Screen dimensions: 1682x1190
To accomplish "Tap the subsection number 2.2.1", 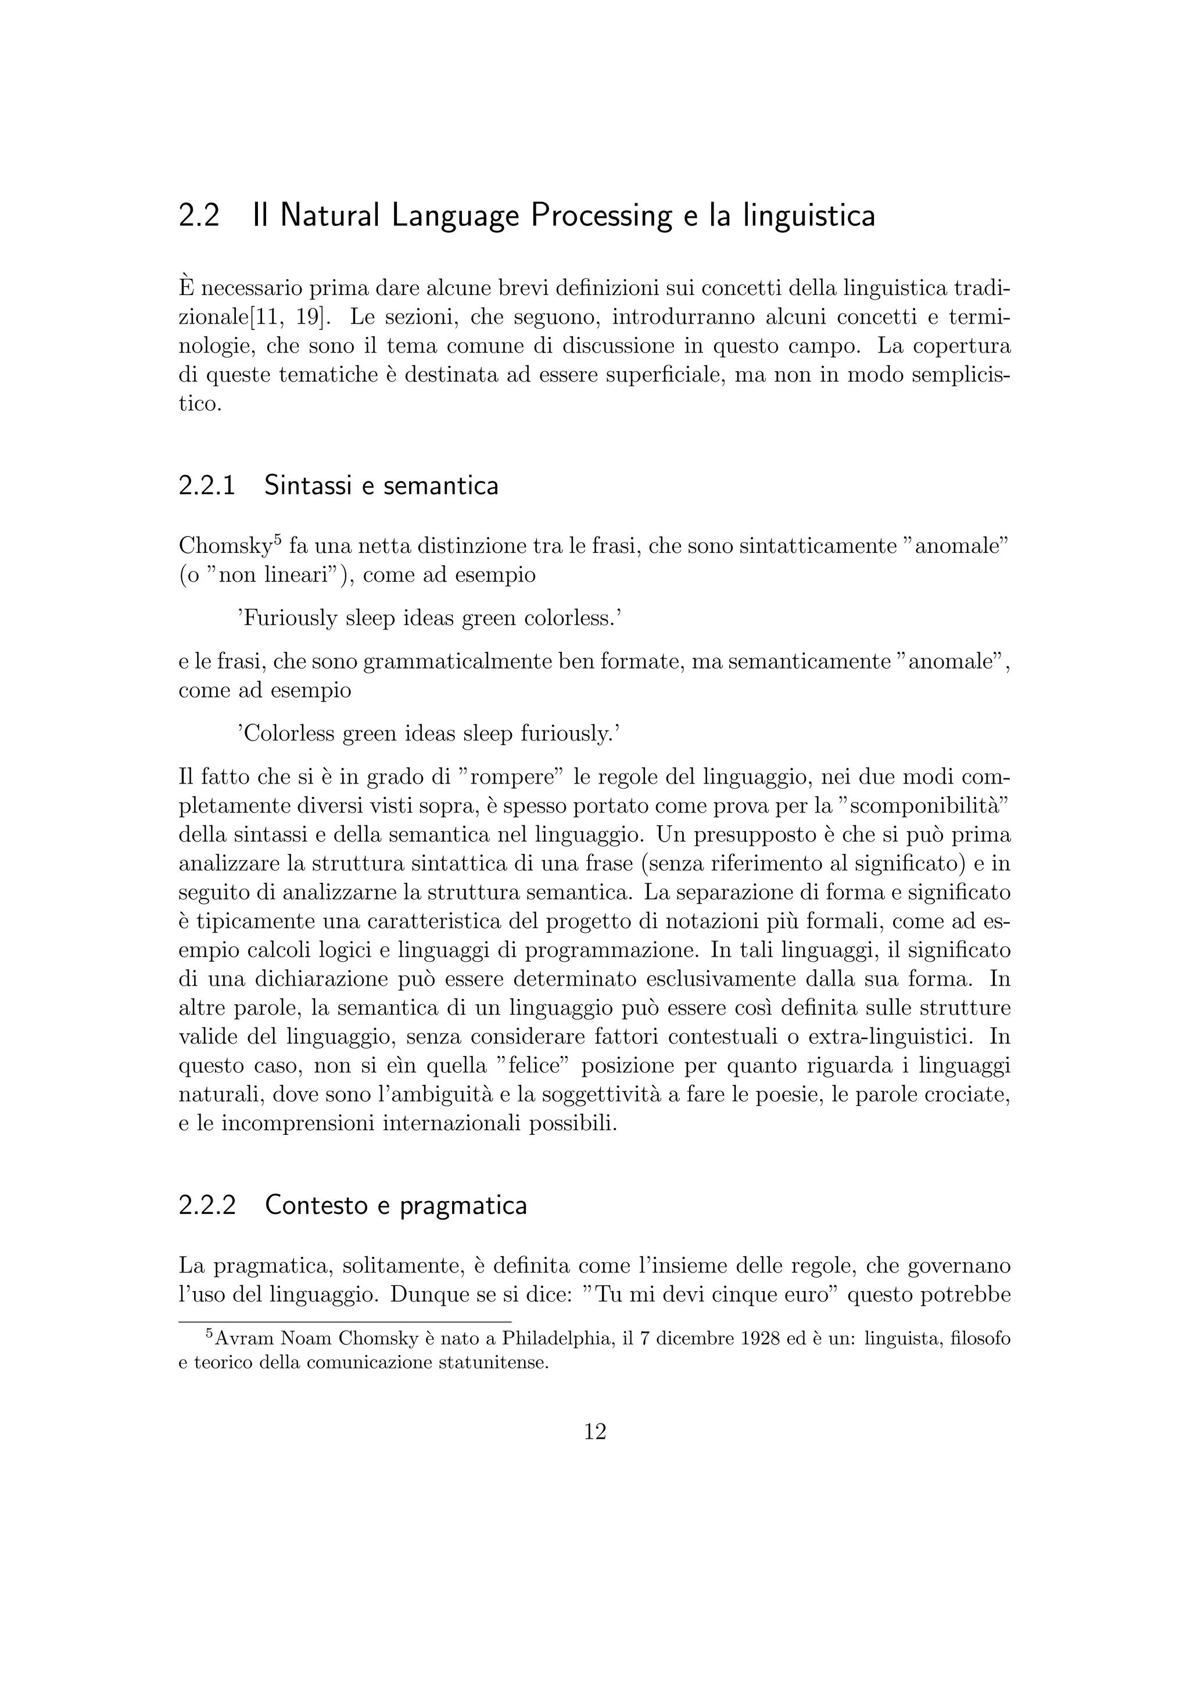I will point(207,485).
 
